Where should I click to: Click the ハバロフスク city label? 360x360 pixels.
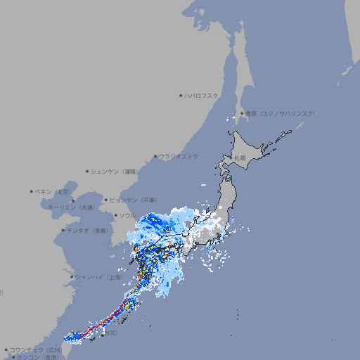point(202,95)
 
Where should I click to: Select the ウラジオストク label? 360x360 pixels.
point(179,156)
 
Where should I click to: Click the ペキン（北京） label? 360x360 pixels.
point(54,191)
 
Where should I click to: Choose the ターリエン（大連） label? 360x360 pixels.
point(71,207)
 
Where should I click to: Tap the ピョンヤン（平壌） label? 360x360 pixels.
point(133,200)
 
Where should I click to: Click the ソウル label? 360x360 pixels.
point(127,215)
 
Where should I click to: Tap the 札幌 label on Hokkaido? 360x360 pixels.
point(240,158)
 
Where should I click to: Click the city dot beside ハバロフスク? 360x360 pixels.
point(181,95)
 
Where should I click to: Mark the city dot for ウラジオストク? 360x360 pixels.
point(155,156)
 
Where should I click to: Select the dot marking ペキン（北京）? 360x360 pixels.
point(32,191)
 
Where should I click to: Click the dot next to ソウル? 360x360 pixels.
point(115,215)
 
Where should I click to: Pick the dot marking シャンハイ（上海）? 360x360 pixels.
point(72,277)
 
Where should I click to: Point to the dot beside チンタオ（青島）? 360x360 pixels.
point(63,230)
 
